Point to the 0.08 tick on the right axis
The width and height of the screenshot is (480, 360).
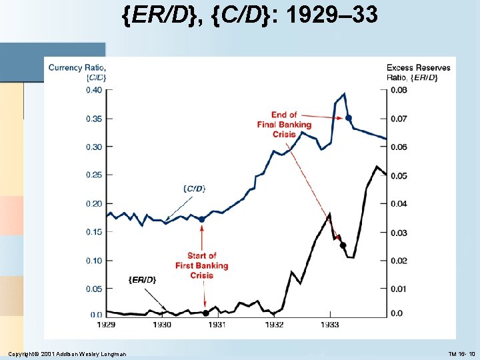[397, 90]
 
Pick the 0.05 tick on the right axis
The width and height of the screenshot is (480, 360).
[397, 175]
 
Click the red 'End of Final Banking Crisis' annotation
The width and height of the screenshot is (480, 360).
[284, 125]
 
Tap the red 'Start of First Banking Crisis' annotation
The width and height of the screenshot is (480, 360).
[202, 265]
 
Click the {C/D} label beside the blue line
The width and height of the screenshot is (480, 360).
[193, 189]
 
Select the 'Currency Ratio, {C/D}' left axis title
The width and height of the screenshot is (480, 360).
[78, 72]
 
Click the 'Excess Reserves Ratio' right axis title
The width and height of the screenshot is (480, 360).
[418, 72]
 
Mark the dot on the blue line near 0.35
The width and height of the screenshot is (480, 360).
[348, 118]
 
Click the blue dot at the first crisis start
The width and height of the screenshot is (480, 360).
[202, 219]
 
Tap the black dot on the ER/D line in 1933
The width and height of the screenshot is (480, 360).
[343, 245]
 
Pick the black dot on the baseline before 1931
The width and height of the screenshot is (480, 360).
[205, 313]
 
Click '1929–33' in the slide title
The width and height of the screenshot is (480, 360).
[333, 15]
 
